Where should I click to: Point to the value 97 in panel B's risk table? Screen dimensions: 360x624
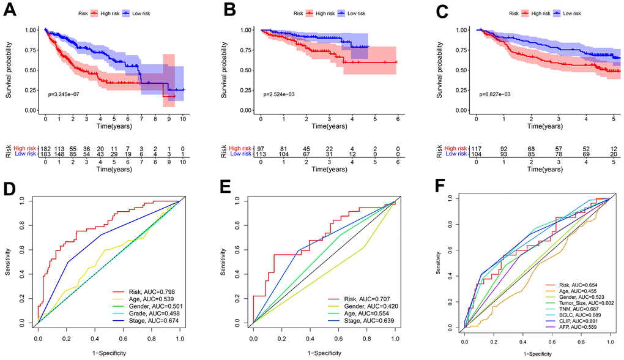tap(261, 149)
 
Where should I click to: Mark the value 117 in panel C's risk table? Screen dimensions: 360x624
tap(477, 149)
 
